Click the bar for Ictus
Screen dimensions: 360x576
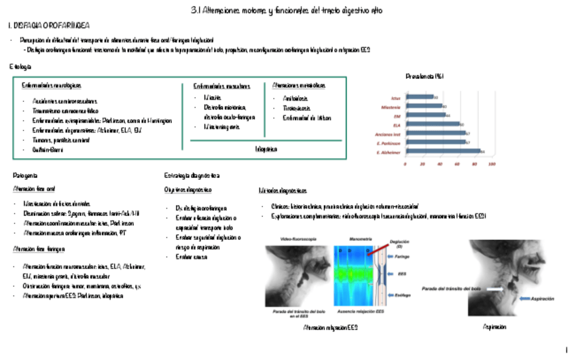(x=419, y=97)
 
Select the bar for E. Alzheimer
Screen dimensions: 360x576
(x=442, y=151)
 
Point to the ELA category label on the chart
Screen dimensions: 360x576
(x=396, y=124)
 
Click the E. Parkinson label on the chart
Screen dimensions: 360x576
(x=389, y=143)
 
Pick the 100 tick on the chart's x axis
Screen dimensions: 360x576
(x=492, y=164)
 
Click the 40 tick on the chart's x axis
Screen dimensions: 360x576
(x=439, y=164)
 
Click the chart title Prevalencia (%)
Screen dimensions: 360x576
(x=425, y=76)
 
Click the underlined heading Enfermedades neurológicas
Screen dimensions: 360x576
(x=52, y=86)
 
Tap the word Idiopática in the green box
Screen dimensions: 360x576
(x=266, y=149)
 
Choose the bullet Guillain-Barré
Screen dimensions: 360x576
(x=47, y=149)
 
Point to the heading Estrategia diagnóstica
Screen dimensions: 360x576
(x=192, y=175)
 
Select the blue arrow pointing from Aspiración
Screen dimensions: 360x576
(x=523, y=298)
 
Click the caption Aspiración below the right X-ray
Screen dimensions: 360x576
(x=494, y=327)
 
